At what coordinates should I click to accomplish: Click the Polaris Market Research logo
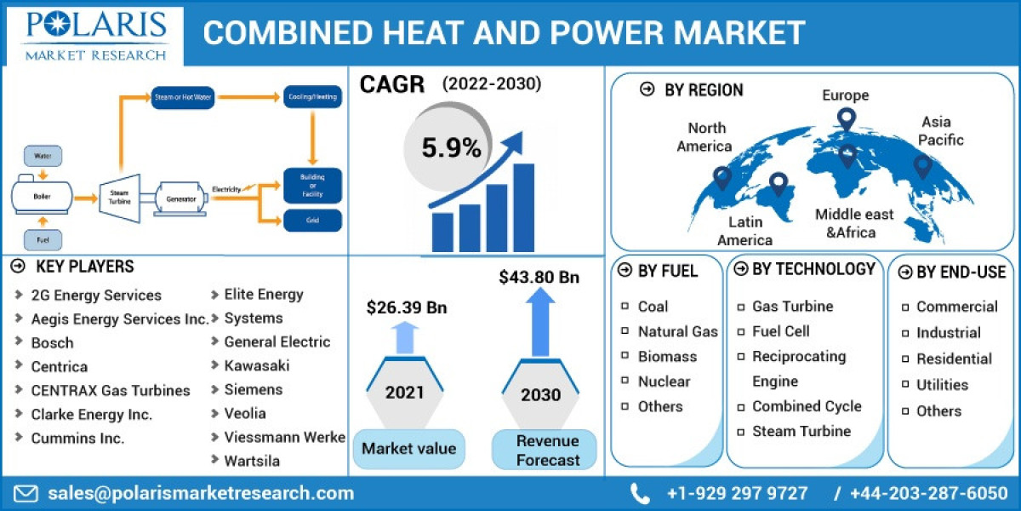pos(95,34)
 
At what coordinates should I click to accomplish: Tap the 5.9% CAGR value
pos(452,148)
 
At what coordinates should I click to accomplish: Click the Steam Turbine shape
pos(119,198)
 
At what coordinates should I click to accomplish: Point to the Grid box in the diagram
pos(312,221)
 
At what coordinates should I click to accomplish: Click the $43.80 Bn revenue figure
pos(539,277)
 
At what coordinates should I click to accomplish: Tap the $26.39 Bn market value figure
pos(407,307)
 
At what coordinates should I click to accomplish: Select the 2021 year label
pos(404,393)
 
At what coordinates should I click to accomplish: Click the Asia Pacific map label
pos(942,130)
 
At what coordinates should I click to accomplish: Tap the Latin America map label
pos(744,231)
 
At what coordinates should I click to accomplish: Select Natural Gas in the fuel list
pos(677,331)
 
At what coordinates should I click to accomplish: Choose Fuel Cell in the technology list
pos(780,331)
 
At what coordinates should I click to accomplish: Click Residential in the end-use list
pos(954,359)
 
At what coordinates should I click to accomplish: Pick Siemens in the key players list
pos(253,389)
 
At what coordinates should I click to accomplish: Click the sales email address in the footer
pos(200,493)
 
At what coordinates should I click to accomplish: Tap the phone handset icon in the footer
pos(640,493)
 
